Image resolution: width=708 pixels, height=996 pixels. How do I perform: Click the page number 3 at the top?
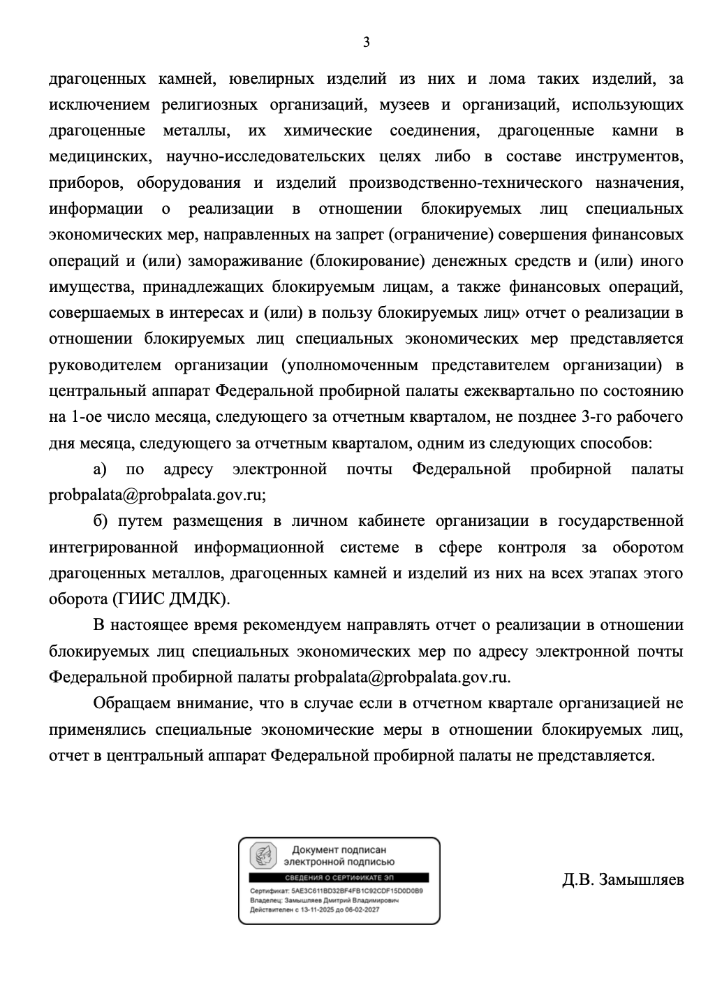(366, 43)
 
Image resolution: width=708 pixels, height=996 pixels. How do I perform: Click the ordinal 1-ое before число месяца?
(86, 418)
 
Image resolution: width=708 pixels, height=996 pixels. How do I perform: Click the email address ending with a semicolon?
(157, 495)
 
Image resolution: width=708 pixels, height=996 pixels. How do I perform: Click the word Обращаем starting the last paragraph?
(133, 703)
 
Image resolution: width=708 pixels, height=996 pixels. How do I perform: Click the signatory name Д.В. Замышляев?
(623, 879)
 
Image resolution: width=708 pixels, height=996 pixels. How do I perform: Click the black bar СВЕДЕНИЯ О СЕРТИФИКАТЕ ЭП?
(339, 878)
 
